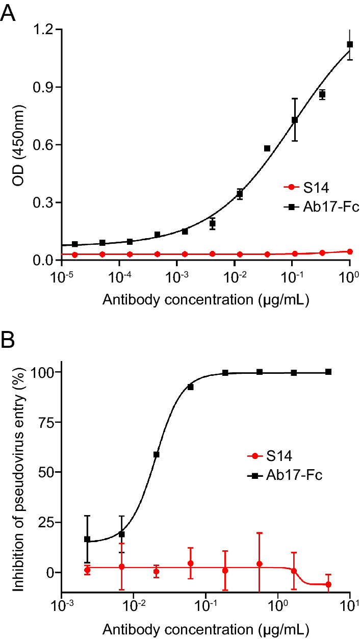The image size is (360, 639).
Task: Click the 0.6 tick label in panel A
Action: pyautogui.click(x=44, y=145)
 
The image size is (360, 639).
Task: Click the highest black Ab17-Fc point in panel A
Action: pyautogui.click(x=350, y=45)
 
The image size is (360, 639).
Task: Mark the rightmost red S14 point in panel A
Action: pyautogui.click(x=350, y=251)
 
